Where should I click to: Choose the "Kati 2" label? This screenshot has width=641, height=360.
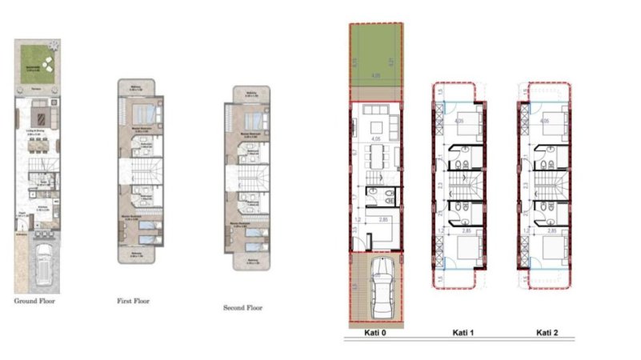pos(547,332)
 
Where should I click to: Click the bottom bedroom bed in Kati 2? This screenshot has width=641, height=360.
pos(551,244)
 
